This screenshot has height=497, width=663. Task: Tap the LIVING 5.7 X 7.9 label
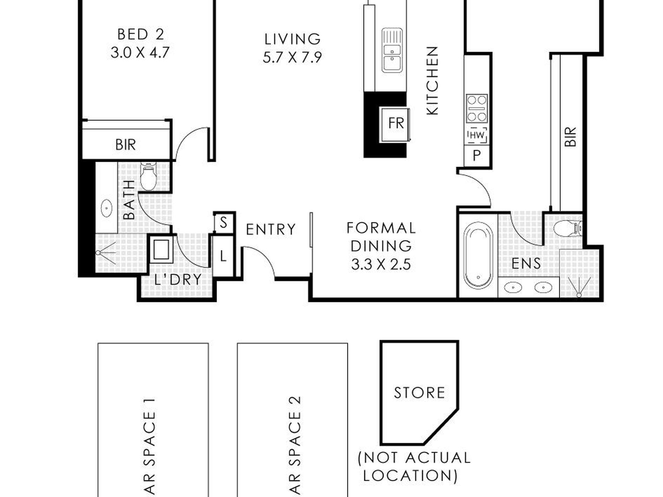click(x=292, y=48)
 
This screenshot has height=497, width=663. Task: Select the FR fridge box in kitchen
click(x=395, y=124)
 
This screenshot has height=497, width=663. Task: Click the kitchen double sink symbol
click(x=392, y=50)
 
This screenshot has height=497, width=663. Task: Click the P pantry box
click(x=477, y=155)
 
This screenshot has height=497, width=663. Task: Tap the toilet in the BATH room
click(x=148, y=176)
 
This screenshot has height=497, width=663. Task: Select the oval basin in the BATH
click(x=106, y=208)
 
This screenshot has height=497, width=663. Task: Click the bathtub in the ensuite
click(x=478, y=256)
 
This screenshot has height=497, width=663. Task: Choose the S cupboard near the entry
click(x=224, y=222)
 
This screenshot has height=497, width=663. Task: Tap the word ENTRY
click(x=271, y=229)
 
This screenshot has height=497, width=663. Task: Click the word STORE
click(x=419, y=393)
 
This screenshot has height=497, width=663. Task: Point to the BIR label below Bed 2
click(x=126, y=144)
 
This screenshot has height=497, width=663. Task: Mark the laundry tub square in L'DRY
click(x=161, y=249)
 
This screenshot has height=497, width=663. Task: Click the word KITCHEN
click(x=432, y=81)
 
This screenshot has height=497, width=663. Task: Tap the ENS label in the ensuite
click(x=526, y=264)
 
